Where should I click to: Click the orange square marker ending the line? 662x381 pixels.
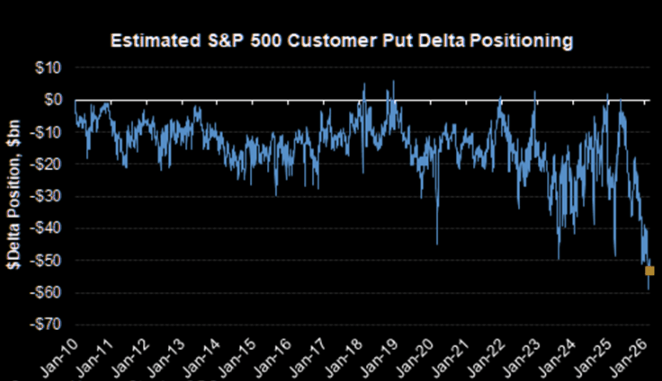(649, 271)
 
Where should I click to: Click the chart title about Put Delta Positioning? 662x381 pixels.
(342, 41)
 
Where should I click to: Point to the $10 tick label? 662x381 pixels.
(48, 68)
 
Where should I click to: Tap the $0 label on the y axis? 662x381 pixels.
(53, 100)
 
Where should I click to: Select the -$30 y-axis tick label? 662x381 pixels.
(46, 196)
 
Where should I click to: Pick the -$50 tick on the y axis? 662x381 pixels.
(46, 261)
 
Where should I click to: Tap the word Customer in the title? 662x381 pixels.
(333, 41)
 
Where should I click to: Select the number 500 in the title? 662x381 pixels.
(266, 41)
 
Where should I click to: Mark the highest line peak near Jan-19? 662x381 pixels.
(393, 81)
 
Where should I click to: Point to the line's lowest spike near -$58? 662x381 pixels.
(648, 289)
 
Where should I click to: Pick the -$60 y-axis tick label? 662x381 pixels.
(46, 293)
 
